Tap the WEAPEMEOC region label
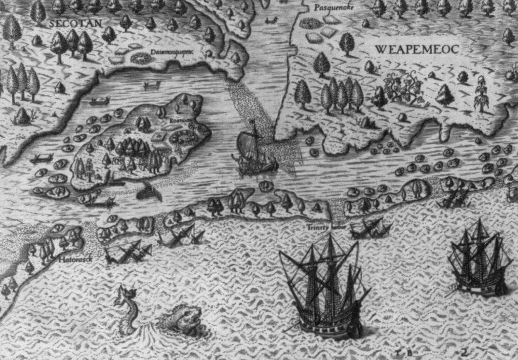click(416, 49)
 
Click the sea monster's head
click(179, 317)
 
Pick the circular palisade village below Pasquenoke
click(309, 24)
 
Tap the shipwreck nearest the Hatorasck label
click(128, 251)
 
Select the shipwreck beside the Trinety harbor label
click(370, 228)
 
